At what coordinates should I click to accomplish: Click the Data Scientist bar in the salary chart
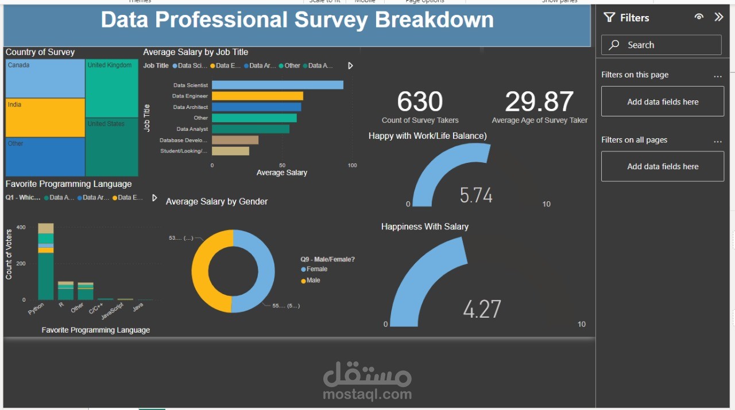(x=277, y=85)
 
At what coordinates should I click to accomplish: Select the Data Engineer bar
(x=257, y=96)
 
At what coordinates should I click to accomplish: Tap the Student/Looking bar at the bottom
(x=230, y=151)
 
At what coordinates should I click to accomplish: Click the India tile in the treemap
(x=45, y=118)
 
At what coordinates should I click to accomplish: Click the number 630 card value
(x=420, y=102)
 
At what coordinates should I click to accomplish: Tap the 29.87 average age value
(x=539, y=102)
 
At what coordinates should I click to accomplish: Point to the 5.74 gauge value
(x=476, y=196)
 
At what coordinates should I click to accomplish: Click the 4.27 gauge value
(x=482, y=309)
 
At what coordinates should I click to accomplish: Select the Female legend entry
(x=316, y=269)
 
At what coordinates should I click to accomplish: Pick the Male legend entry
(x=313, y=280)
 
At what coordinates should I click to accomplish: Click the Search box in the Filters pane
(x=661, y=45)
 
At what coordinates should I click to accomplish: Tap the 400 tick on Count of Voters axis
(x=21, y=228)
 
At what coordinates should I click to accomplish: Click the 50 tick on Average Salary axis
(x=282, y=165)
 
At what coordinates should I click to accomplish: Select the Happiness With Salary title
(x=425, y=227)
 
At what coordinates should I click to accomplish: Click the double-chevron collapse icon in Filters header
(x=719, y=17)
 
